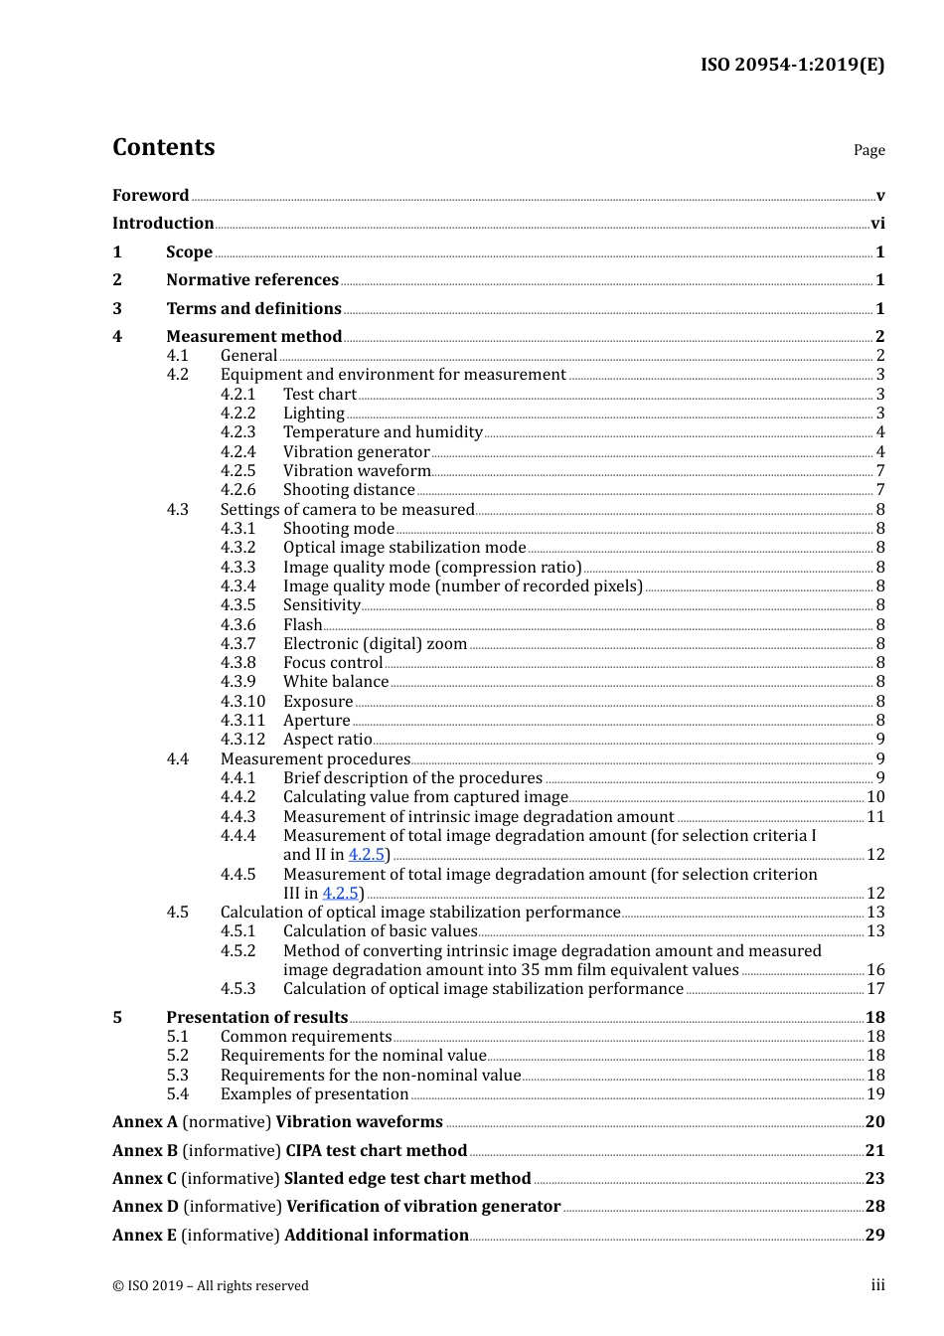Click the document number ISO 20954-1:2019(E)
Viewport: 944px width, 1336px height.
coord(792,65)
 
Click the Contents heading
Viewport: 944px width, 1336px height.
coord(163,147)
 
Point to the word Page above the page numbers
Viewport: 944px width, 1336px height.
coord(868,150)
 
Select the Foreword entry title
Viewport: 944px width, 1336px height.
coord(150,196)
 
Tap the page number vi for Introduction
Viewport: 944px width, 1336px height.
coord(877,224)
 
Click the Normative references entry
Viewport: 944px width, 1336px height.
coord(252,280)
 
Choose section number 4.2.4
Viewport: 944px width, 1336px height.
coord(237,452)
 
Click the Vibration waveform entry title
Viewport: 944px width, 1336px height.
coord(357,471)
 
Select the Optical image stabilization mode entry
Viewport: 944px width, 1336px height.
coord(404,548)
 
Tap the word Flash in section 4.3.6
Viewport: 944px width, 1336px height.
coord(302,625)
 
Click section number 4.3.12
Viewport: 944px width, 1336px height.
coord(242,740)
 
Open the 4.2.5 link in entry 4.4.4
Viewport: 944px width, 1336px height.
coord(366,855)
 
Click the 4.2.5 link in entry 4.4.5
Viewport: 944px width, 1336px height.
coord(340,894)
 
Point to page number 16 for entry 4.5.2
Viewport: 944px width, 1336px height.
coord(875,970)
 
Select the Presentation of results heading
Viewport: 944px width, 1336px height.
coord(256,1018)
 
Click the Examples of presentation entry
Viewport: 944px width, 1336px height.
coord(314,1094)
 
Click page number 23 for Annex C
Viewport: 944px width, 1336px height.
coord(874,1179)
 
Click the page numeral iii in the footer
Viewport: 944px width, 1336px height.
coord(877,1285)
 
